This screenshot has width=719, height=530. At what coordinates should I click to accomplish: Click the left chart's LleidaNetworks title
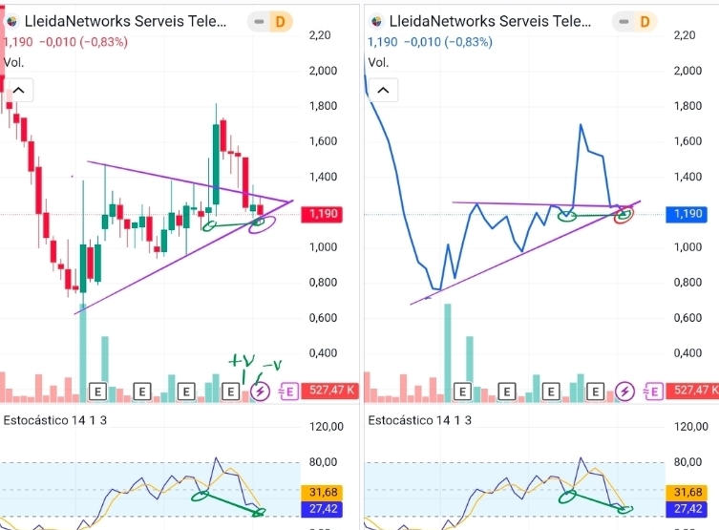coord(124,21)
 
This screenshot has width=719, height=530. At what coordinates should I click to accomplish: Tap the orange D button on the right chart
coord(645,21)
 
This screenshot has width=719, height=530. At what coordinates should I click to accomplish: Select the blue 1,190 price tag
coord(688,214)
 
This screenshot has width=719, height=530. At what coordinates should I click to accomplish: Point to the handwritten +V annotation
coord(243,360)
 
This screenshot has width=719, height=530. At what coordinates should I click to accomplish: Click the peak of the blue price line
coord(581,125)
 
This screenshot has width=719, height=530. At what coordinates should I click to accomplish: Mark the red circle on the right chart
coord(625,214)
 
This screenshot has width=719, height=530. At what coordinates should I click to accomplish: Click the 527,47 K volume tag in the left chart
coord(329,391)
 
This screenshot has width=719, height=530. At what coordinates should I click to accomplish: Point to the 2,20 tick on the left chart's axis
coord(321,35)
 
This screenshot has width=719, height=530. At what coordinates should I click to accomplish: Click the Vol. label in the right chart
coord(378,62)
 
